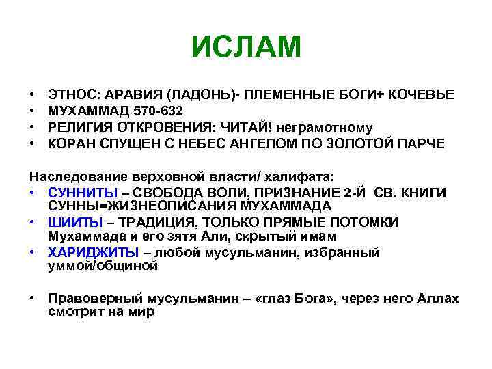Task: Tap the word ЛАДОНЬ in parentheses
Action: pyautogui.click(x=202, y=94)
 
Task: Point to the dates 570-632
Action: pyautogui.click(x=158, y=110)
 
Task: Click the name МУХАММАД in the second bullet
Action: pyautogui.click(x=85, y=110)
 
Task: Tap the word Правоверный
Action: pyautogui.click(x=96, y=299)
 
